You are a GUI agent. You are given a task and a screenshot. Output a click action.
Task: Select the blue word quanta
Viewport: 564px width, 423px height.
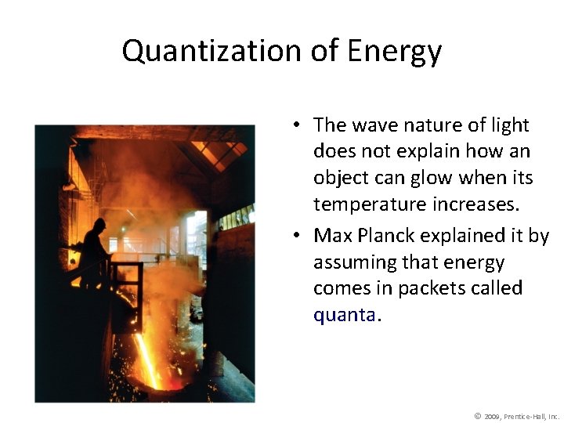[x=345, y=315]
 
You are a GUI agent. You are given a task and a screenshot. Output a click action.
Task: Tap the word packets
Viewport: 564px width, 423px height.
[x=429, y=288]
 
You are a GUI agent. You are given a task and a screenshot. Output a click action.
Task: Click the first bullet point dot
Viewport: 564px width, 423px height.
[x=299, y=125]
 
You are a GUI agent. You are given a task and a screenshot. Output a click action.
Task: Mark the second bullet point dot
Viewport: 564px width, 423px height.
[x=299, y=236]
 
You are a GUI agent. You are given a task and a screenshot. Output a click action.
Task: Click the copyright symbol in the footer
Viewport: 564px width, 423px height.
[x=477, y=415]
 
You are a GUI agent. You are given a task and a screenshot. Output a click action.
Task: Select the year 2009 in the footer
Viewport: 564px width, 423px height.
[x=493, y=416]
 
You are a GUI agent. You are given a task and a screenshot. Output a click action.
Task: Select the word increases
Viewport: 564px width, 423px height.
[x=493, y=204]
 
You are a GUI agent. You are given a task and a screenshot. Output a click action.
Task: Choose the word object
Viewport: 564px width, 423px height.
[x=338, y=178]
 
